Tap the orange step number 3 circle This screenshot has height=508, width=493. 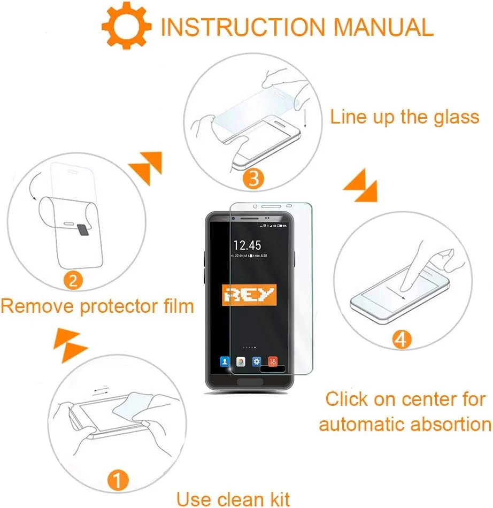point(254,178)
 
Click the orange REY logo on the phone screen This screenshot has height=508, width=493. point(249,294)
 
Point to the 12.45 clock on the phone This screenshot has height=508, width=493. point(247,245)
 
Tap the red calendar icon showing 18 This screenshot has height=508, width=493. point(272,362)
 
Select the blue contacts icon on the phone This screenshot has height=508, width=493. point(224,362)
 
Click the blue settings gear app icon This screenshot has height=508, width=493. point(256,362)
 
